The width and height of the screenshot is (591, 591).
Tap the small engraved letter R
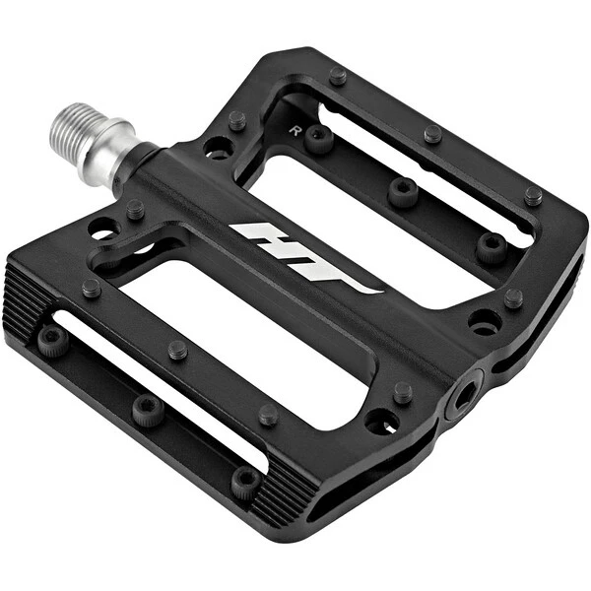(295, 131)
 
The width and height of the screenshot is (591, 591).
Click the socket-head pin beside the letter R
(318, 139)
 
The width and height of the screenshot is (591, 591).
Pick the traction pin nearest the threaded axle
(237, 120)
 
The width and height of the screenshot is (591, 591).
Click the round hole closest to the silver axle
(217, 148)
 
